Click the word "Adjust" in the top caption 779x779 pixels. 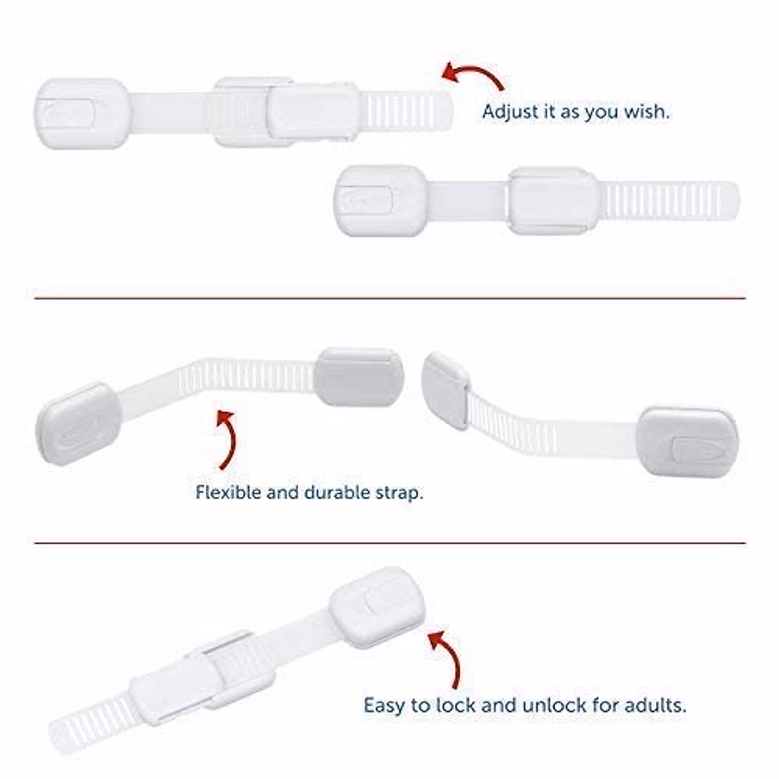click(511, 112)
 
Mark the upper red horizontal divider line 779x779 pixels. click(389, 299)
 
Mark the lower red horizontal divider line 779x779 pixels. click(389, 543)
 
